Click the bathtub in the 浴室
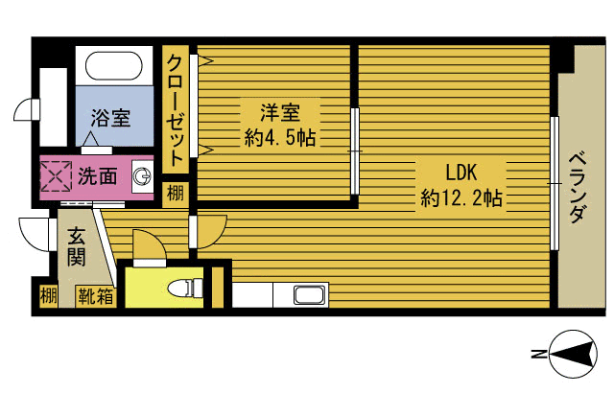114,66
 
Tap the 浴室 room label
110,117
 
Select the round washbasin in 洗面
141,176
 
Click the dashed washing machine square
56,176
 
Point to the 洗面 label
98,176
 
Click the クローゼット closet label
175,110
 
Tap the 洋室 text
280,112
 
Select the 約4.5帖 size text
280,137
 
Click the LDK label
460,173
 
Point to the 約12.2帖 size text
461,197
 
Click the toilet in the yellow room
185,289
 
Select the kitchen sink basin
310,295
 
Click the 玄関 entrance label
76,246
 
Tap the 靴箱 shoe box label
96,296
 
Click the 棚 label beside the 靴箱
49,295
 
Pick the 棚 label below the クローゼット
175,194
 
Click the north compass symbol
573,355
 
